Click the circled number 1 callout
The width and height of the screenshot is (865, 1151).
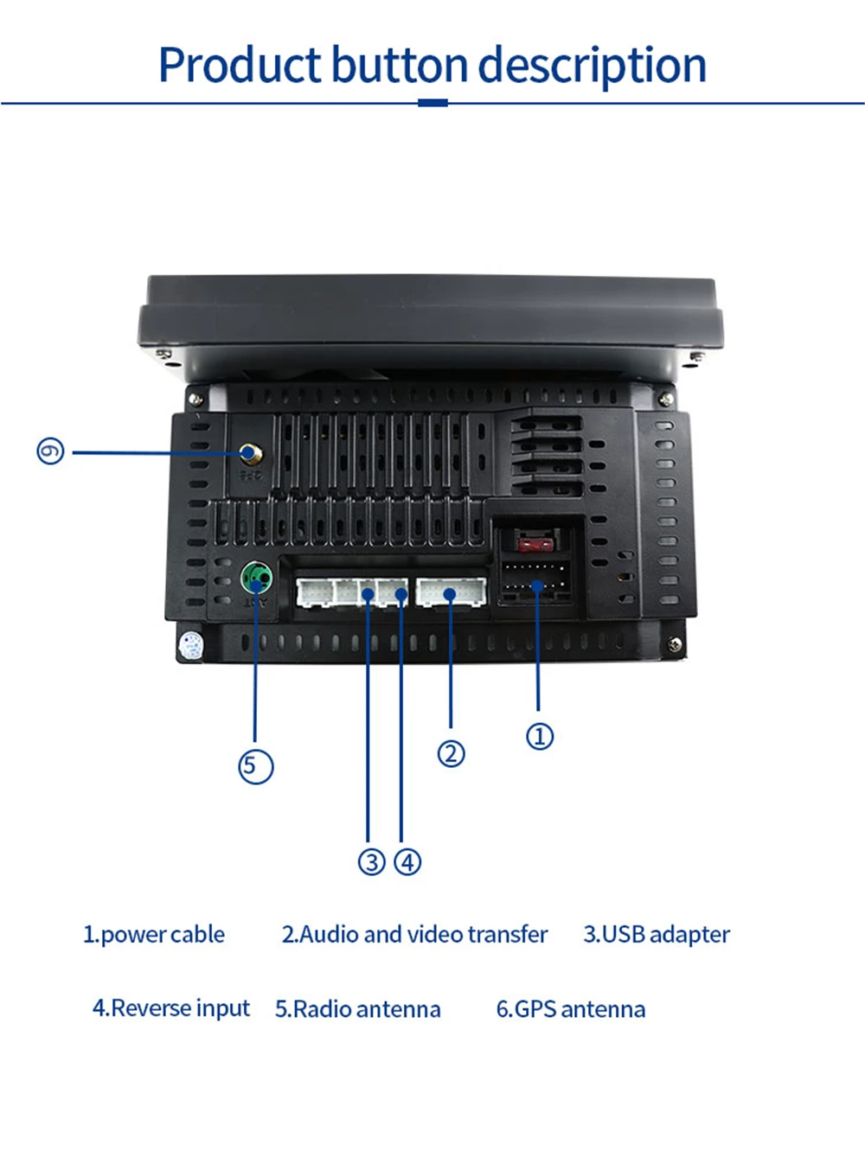click(540, 737)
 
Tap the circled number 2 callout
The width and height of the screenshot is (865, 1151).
click(451, 754)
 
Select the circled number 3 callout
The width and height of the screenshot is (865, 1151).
click(372, 862)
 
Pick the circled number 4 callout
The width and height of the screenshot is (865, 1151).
click(407, 862)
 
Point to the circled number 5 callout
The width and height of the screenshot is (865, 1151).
click(255, 766)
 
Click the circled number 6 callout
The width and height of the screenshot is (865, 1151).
click(50, 451)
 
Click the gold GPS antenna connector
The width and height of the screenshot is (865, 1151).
click(250, 453)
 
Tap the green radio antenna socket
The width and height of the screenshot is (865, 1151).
click(256, 577)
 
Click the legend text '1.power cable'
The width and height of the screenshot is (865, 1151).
click(154, 935)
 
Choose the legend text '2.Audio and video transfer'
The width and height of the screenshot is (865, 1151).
click(414, 935)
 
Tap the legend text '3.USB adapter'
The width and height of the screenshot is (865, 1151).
click(657, 935)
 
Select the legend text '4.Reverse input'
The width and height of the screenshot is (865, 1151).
click(171, 1008)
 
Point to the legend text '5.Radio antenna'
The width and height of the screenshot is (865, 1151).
click(358, 1009)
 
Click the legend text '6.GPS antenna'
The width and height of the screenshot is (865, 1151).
click(571, 1009)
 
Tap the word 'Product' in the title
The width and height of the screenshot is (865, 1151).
click(240, 66)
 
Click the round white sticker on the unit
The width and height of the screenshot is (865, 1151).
click(190, 644)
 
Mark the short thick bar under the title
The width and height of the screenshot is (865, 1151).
click(432, 103)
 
